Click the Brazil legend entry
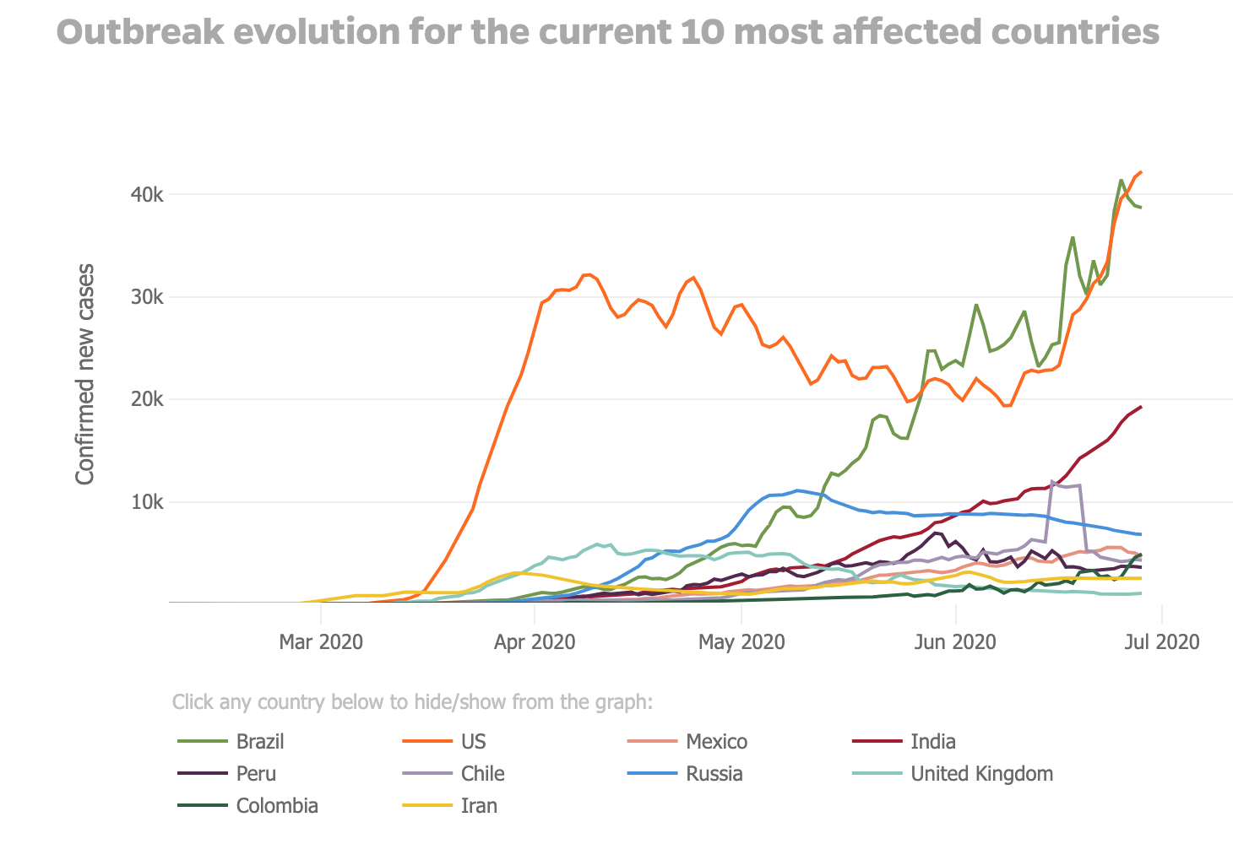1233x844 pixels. coord(259,742)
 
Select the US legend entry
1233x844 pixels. coord(473,742)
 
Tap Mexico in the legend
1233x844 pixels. coord(716,742)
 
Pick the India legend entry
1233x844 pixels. coord(932,742)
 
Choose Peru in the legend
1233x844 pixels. coord(256,774)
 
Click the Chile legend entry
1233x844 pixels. coord(482,774)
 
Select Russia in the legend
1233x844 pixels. coord(714,774)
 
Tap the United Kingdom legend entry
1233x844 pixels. coord(981,774)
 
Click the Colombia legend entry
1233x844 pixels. coord(277,806)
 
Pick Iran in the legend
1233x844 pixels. coord(479,806)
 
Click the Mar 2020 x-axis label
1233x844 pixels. coord(321,642)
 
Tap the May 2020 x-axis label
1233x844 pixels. coord(741,642)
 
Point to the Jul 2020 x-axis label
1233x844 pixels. coord(1162,642)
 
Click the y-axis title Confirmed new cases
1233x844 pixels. coord(85,374)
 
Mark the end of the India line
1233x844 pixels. coord(1141,407)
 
